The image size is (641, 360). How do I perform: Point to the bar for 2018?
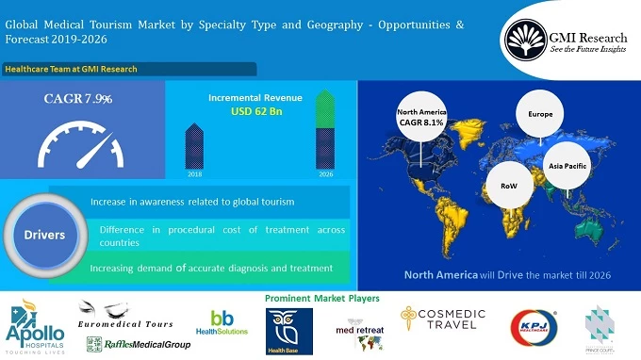[195, 148]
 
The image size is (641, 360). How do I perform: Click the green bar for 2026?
[324, 130]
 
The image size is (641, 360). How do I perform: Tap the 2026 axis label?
[324, 174]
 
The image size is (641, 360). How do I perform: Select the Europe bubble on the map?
[539, 114]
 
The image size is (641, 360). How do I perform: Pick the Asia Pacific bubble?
[567, 166]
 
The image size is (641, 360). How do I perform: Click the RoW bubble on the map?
[508, 187]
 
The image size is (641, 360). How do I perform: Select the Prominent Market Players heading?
[322, 298]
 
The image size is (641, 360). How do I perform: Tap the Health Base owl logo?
[284, 331]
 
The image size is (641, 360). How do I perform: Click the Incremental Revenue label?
[256, 96]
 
